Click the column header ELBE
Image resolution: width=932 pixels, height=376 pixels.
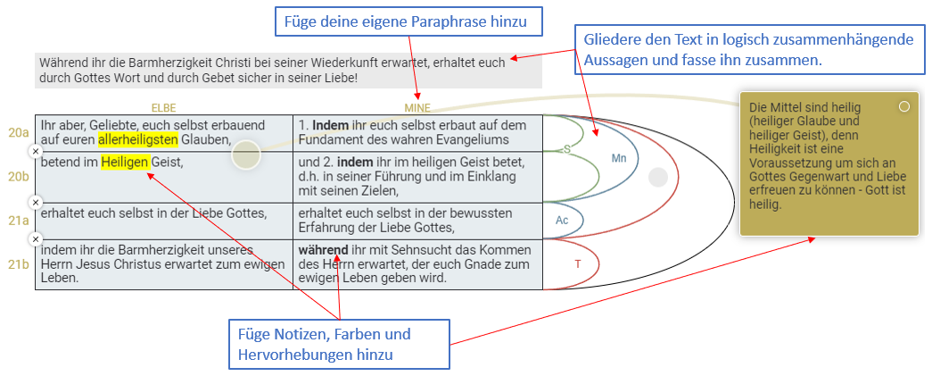(163, 108)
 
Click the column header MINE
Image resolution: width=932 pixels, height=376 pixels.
(417, 108)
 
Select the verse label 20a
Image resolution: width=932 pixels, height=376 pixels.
(19, 132)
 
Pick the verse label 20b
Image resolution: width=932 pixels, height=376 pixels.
(19, 177)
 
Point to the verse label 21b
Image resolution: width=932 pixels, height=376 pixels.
(19, 263)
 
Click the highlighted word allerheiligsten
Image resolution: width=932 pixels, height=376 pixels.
(138, 139)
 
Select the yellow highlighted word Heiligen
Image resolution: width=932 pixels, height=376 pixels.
(124, 162)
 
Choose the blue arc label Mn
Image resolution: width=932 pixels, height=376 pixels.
(619, 158)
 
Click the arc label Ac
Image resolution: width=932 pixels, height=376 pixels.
(561, 220)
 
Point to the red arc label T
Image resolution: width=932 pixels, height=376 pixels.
(578, 263)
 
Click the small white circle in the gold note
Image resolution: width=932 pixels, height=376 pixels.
(904, 106)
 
